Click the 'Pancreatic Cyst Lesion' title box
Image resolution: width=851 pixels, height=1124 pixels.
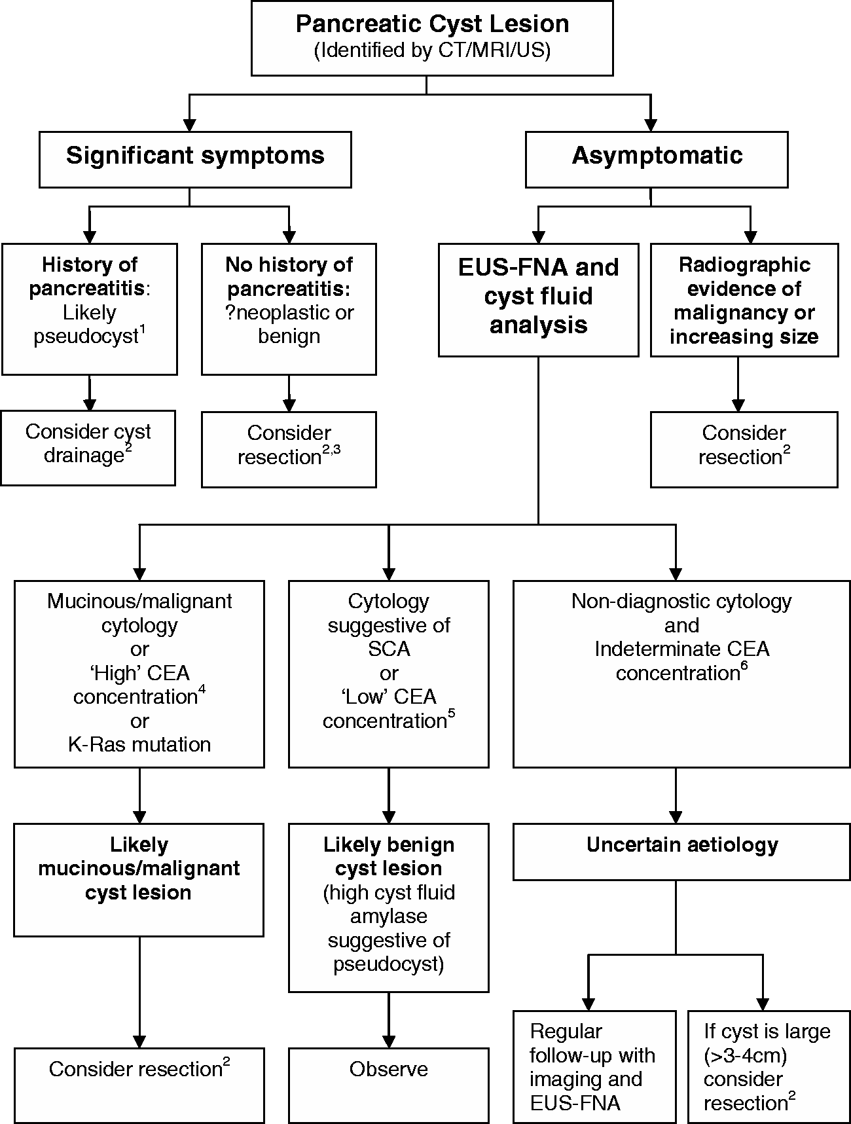point(432,38)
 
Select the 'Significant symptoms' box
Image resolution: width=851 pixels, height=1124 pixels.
point(195,160)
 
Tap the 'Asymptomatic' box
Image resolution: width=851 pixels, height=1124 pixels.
point(657,160)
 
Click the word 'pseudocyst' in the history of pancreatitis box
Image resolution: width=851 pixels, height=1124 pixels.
point(86,336)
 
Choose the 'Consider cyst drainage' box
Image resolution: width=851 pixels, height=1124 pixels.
point(88,448)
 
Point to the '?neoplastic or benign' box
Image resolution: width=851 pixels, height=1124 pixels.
point(289,309)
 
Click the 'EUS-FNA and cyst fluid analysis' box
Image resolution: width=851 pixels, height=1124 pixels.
point(538,300)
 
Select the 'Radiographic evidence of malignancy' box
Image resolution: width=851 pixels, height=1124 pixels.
point(744,300)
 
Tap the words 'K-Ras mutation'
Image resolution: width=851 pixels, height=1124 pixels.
point(139,744)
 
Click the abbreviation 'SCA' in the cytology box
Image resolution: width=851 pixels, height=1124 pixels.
point(389,649)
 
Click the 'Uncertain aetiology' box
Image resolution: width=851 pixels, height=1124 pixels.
point(681,852)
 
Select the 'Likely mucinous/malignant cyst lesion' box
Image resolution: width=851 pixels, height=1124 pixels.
point(139,880)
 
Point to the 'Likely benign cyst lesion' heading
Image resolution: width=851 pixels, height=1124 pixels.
point(389,856)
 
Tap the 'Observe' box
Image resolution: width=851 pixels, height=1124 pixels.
point(389,1085)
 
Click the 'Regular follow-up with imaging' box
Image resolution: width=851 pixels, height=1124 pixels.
point(594,1066)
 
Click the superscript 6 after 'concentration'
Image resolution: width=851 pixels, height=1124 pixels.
point(744,667)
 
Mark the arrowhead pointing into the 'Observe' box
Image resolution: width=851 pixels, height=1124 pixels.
point(389,1042)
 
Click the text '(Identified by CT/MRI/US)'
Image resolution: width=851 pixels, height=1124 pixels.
point(432,50)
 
